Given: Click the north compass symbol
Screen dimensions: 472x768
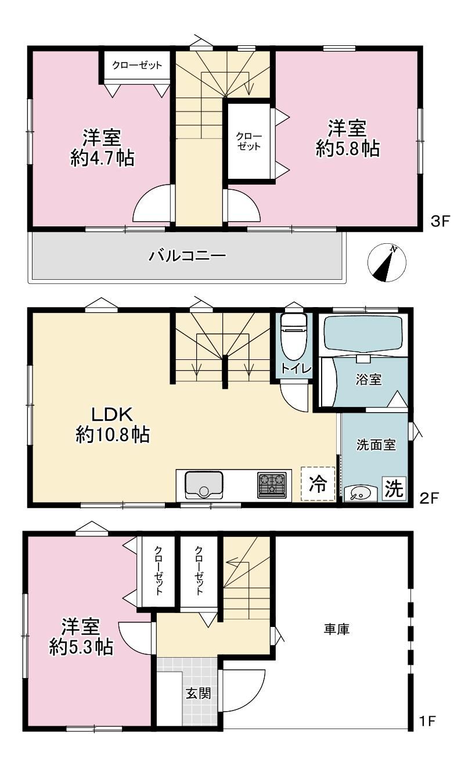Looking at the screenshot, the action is [387, 263].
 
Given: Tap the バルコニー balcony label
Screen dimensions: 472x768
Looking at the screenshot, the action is [187, 256].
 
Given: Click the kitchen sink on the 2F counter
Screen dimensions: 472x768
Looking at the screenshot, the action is [204, 485].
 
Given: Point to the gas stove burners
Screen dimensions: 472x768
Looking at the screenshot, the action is [272, 485].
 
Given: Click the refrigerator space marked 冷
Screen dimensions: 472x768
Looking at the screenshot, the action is [318, 484].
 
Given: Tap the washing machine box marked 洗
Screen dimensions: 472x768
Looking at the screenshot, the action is [394, 488].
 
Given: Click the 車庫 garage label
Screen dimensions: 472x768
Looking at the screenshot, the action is [337, 629].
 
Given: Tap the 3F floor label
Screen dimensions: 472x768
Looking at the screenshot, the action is [440, 221].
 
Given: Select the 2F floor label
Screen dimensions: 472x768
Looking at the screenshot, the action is [429, 498].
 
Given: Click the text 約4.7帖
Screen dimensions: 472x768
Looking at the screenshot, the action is [103, 158].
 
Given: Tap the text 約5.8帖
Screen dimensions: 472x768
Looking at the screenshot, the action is [348, 149].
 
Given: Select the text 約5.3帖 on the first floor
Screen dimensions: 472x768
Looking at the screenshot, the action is [81, 647].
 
